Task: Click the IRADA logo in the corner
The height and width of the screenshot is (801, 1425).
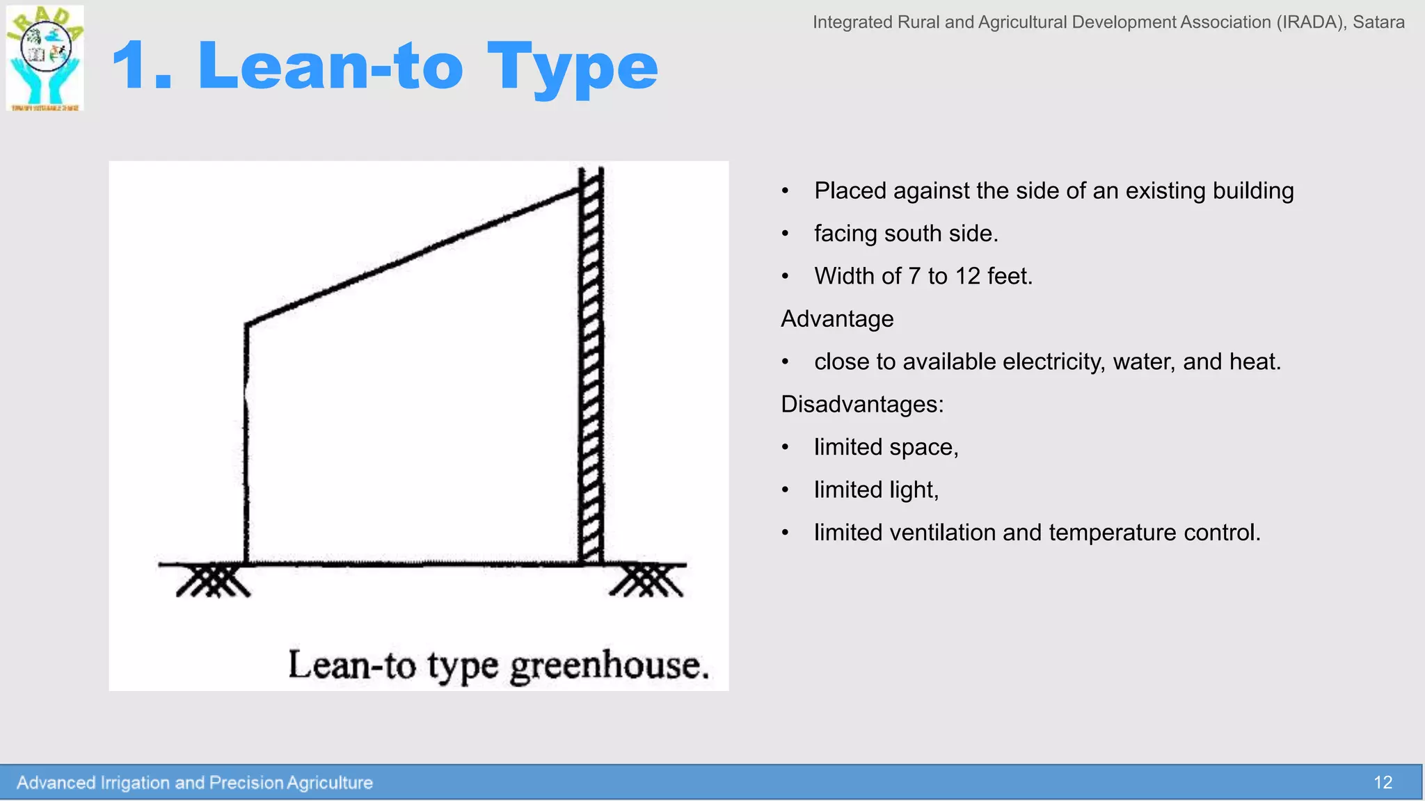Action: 45,58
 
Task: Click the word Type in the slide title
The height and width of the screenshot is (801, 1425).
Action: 572,67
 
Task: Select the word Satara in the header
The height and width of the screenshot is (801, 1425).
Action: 1378,22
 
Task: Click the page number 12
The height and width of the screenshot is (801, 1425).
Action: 1383,783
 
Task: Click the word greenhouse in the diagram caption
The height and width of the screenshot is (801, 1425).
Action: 610,666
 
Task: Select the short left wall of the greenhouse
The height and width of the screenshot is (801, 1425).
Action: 246,445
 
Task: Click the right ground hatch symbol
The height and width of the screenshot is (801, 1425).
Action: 647,581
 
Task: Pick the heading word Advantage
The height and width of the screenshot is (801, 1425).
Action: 837,319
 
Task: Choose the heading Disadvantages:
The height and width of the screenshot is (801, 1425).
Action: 862,405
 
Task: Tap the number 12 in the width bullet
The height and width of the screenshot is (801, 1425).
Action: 967,276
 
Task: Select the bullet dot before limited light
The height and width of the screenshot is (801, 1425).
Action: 785,490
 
